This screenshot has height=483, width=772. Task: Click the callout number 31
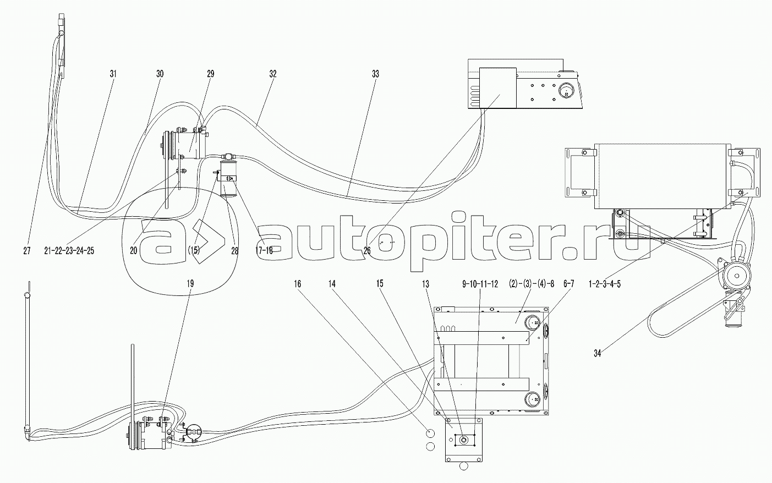click(x=113, y=74)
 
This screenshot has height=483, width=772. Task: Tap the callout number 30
click(x=160, y=74)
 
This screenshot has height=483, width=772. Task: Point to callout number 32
click(x=272, y=74)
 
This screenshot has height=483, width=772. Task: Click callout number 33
click(x=375, y=74)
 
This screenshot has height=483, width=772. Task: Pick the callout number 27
click(x=27, y=251)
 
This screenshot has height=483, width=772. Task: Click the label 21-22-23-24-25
click(x=69, y=251)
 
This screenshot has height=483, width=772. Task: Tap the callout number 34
click(x=597, y=353)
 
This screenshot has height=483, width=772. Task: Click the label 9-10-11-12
click(x=480, y=284)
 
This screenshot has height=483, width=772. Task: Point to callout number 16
click(x=297, y=284)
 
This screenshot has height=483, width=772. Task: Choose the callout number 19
click(x=190, y=284)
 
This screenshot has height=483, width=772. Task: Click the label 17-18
click(x=264, y=251)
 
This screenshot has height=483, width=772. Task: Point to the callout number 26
click(x=367, y=251)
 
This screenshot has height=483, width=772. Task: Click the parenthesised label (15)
click(x=194, y=251)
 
